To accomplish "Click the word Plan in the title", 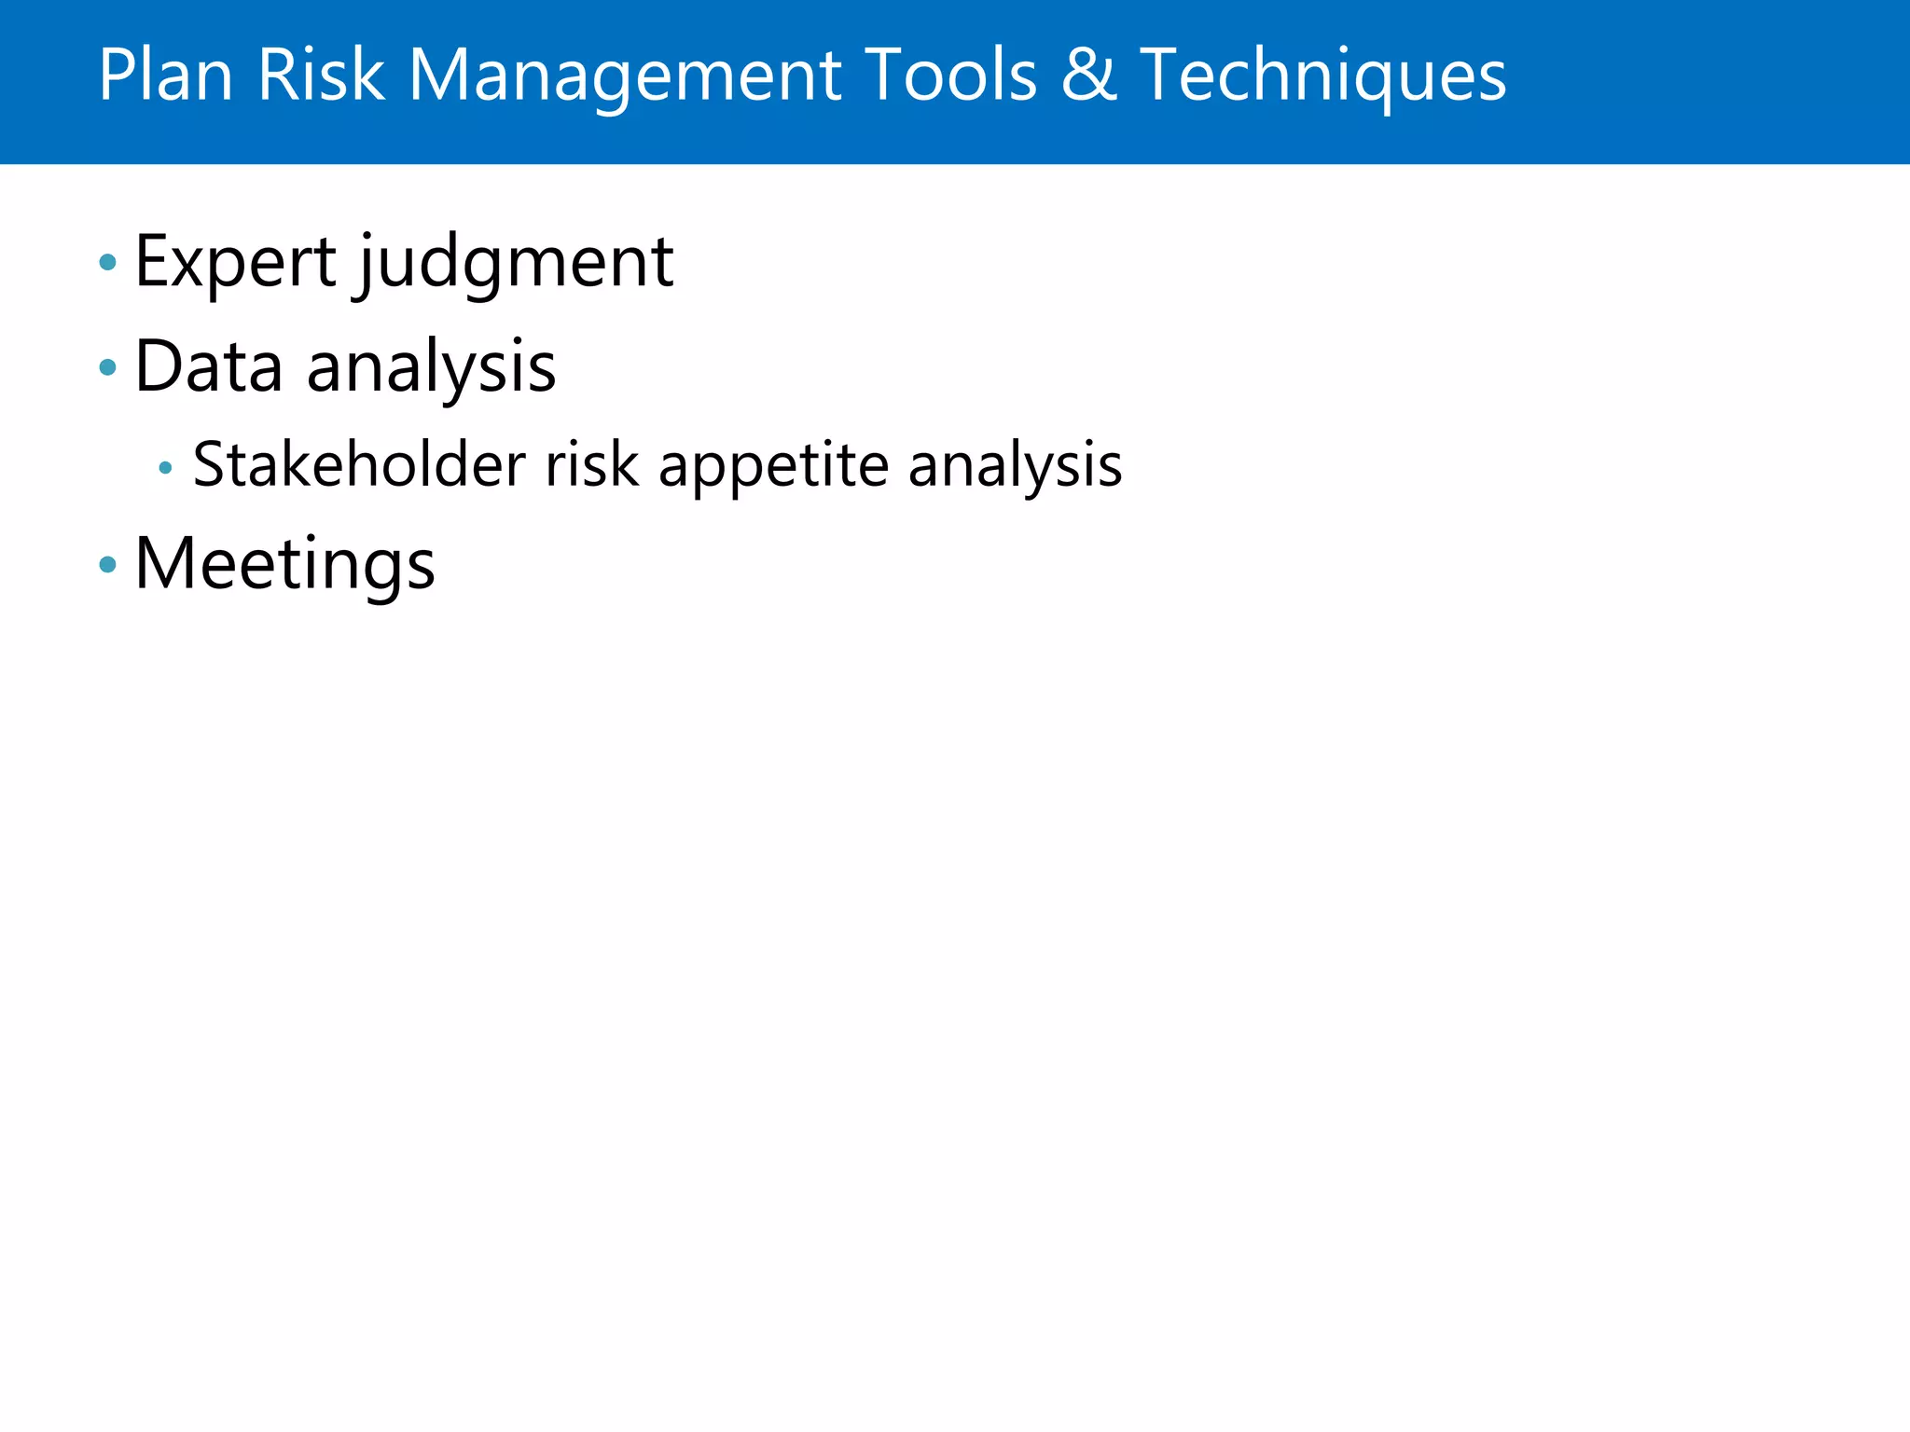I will tap(165, 75).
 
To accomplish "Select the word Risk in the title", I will tap(320, 75).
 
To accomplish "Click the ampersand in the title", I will tap(1087, 75).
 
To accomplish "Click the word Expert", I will tap(235, 263).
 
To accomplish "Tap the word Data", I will tap(208, 366).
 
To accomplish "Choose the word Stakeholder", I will tap(359, 464).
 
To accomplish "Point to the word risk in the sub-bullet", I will tap(591, 464).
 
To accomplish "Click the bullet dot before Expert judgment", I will tap(108, 263).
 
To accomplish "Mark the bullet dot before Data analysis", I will tap(108, 367).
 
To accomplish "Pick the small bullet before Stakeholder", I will tap(165, 467).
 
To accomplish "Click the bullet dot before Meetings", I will tap(108, 564).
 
